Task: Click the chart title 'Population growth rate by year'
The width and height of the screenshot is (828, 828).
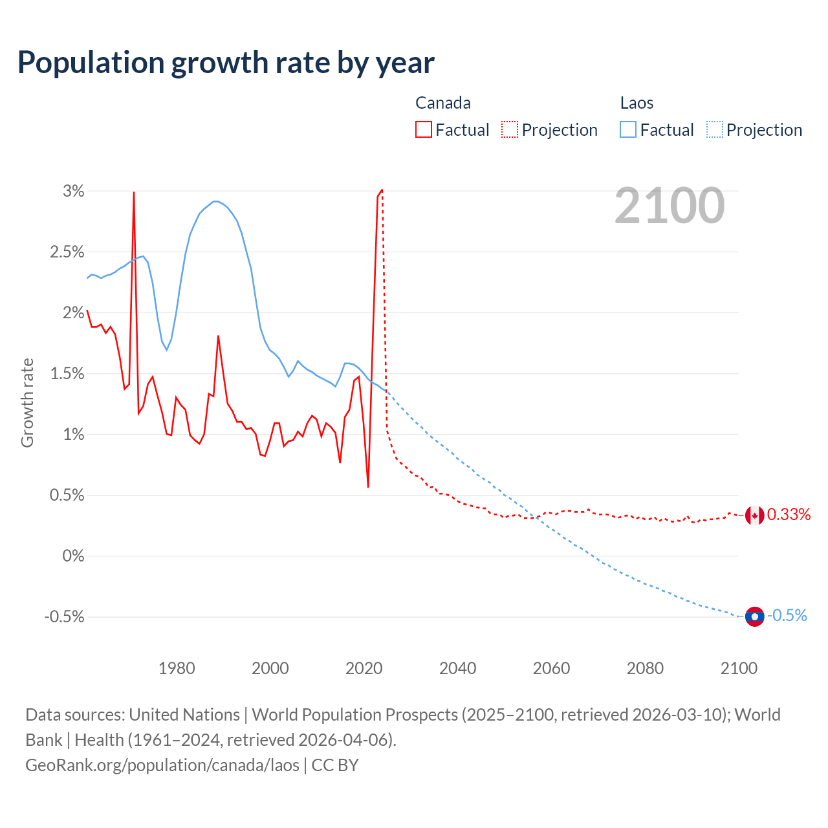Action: [226, 63]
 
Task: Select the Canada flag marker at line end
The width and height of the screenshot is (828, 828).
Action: [754, 516]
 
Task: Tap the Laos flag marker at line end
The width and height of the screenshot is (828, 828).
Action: [754, 616]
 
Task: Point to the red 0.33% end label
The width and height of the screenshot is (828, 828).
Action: [789, 514]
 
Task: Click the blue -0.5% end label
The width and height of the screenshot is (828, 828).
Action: [787, 615]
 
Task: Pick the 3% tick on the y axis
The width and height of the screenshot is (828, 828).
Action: [74, 191]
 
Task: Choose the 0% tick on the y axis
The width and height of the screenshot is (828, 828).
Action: [73, 556]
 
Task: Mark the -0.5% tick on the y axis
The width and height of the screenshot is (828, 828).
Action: [65, 617]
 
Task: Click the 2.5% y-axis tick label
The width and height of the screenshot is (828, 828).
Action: [67, 252]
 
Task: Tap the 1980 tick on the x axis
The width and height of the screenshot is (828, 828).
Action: [177, 668]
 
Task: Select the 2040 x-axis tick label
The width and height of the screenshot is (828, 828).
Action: [457, 668]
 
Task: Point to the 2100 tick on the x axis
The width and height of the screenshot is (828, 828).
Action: [738, 668]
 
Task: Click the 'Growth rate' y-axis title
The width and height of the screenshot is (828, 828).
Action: [27, 402]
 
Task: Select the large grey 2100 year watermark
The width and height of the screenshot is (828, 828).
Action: [670, 206]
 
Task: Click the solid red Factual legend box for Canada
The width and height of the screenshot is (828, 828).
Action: [424, 130]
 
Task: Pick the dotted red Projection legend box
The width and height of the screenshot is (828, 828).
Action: [510, 130]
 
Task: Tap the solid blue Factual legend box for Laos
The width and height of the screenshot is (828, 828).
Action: [628, 130]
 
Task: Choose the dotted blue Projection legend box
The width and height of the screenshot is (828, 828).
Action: [714, 130]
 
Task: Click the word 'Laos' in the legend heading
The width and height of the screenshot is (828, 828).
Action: [637, 103]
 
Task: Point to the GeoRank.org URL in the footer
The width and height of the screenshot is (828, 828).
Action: [162, 765]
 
